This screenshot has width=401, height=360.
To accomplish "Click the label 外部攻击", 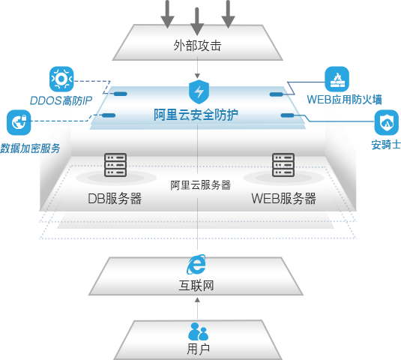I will tap(197, 46).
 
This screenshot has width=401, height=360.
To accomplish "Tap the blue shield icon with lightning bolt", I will tap(199, 94).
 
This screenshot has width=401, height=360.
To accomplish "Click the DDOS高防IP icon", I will tap(60, 78).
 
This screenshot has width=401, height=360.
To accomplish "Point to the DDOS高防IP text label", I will tap(60, 100).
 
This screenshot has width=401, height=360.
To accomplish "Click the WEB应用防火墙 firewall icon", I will tap(337, 78).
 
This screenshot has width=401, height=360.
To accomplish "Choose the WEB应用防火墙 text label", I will tap(344, 100).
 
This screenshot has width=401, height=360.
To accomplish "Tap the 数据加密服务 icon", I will tap(18, 121).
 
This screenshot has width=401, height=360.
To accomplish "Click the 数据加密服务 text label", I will tap(31, 148).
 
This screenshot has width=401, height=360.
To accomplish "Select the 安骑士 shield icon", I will tap(386, 121).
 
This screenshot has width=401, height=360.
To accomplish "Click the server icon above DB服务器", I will tap(115, 165).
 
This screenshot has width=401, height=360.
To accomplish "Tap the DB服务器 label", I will tap(115, 199).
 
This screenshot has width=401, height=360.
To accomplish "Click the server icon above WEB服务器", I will tap(283, 165).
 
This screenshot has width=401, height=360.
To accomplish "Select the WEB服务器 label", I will tap(283, 199).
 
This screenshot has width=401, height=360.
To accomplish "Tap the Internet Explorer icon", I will tap(197, 264).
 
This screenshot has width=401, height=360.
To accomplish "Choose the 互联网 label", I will tap(197, 286).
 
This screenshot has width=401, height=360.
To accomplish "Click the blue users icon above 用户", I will tap(198, 331).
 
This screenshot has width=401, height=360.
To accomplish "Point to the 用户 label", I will tap(198, 349).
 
